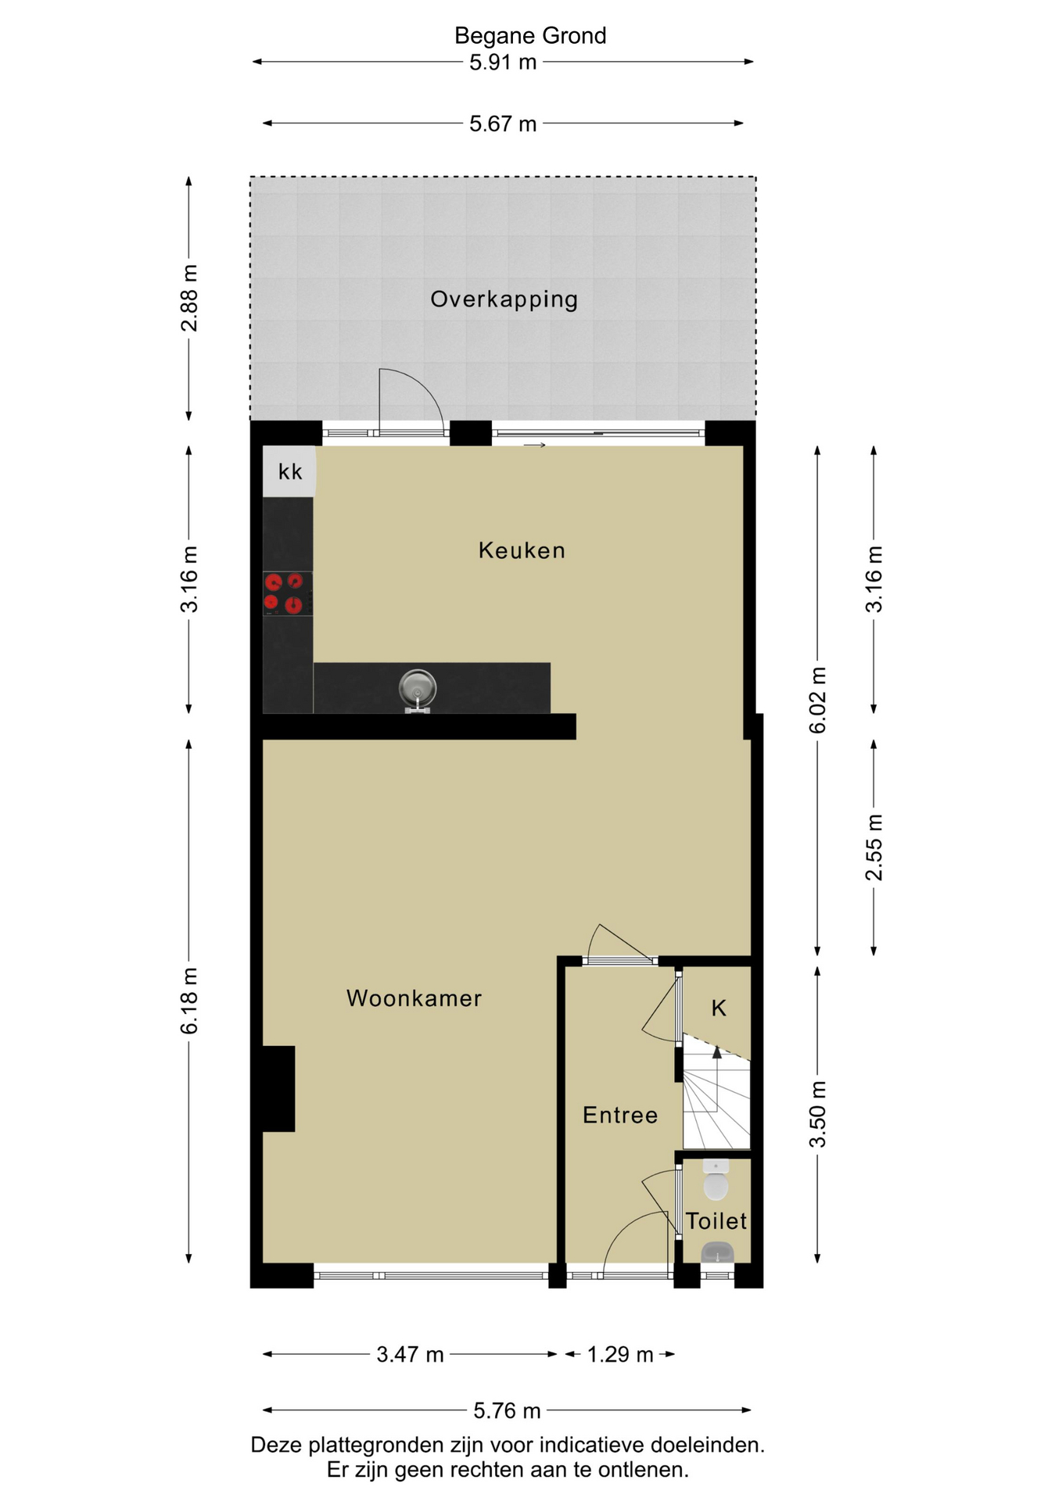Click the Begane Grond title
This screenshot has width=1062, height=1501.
(530, 36)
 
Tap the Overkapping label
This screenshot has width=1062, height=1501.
(504, 299)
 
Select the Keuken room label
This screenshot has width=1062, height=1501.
(522, 550)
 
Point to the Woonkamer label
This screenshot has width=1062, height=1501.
(414, 998)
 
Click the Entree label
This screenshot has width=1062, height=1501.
(620, 1115)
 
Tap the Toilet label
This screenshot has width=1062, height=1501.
(716, 1221)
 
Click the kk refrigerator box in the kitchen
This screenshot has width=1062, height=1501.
(289, 471)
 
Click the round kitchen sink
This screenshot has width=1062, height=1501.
(418, 689)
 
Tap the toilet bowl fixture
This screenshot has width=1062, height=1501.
(716, 1180)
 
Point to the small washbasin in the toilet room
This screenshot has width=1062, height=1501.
(717, 1253)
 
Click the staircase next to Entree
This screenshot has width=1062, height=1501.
(716, 1092)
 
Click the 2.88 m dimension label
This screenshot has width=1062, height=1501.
(189, 299)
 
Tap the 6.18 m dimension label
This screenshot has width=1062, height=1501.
(189, 1001)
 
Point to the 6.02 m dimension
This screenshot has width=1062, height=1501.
(817, 700)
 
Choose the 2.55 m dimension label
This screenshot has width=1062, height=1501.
(874, 847)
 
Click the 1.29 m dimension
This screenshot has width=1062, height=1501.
(620, 1354)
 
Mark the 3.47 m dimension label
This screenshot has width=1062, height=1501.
(410, 1354)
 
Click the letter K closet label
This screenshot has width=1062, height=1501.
(719, 1008)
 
